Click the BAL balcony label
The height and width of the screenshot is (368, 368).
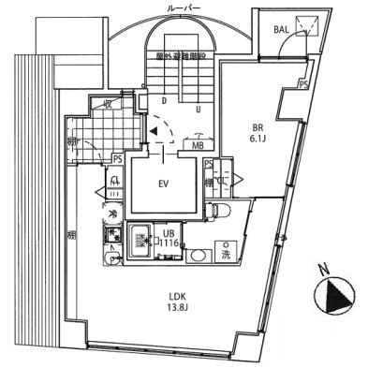(x=281, y=29)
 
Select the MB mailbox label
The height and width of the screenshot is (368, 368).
(x=199, y=146)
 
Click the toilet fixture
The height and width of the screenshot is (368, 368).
(x=220, y=211)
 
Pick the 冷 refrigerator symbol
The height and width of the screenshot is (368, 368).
(x=111, y=213)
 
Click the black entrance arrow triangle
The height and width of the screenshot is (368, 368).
(x=152, y=133)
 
